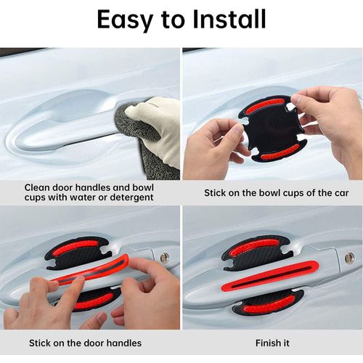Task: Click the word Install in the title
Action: click(x=229, y=19)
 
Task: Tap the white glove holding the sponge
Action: click(x=158, y=126)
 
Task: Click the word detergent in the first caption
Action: click(x=131, y=197)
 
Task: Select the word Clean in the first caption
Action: click(x=36, y=187)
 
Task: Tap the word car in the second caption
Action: click(x=341, y=193)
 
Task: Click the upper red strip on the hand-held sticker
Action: click(x=265, y=106)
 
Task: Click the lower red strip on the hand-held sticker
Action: click(x=280, y=152)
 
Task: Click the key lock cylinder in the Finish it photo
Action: click(x=349, y=258)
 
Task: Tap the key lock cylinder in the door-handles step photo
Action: click(x=165, y=258)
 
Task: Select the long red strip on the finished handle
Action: click(x=270, y=276)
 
